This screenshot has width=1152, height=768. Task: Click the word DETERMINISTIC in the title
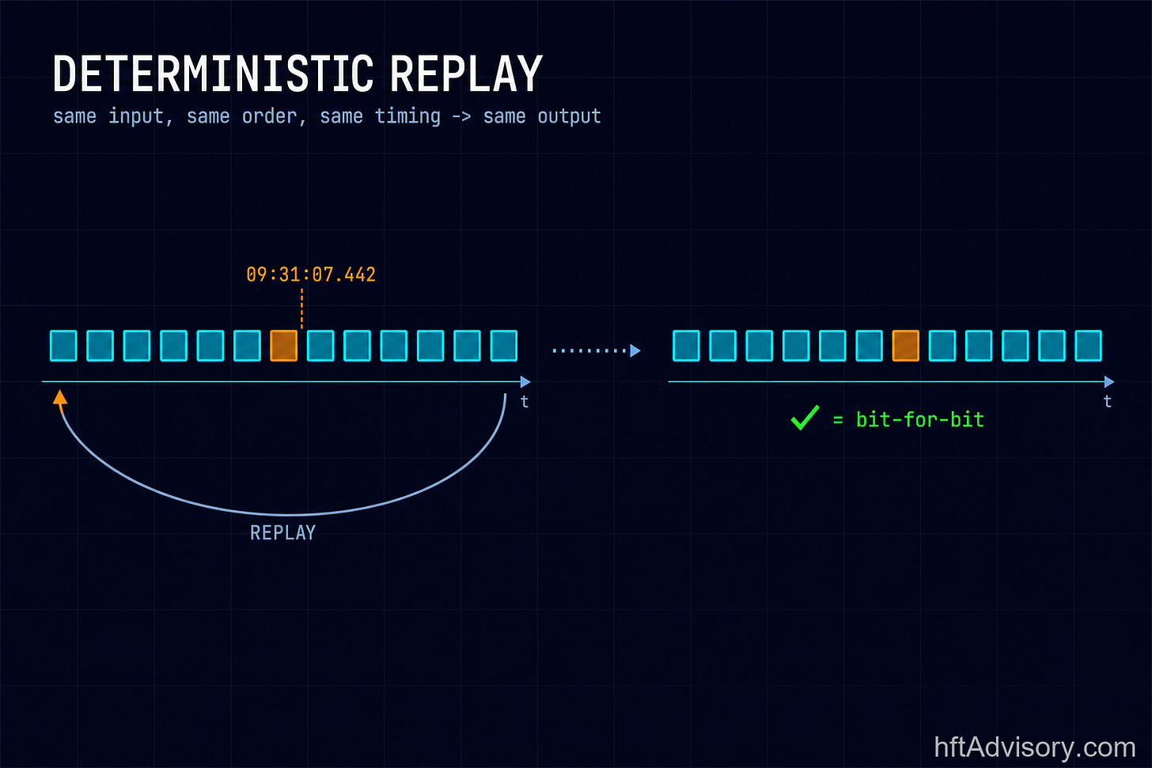(213, 74)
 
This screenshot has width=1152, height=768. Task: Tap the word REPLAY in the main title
(466, 74)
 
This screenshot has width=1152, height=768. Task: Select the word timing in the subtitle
(407, 117)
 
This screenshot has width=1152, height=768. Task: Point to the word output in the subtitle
(569, 117)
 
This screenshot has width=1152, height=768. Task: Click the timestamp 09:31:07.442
(311, 274)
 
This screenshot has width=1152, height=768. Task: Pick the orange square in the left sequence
(284, 346)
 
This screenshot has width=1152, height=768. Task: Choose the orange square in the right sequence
(906, 346)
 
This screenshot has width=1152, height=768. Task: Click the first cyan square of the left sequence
(64, 346)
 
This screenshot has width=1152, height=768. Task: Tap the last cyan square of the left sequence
(504, 346)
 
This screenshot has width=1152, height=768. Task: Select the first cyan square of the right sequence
(686, 346)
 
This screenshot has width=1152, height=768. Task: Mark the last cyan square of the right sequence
(1088, 346)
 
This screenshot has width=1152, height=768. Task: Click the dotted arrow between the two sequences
(597, 350)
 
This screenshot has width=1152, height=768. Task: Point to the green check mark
(805, 418)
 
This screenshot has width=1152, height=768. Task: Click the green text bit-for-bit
(920, 420)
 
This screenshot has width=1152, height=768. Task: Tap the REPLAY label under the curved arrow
(283, 533)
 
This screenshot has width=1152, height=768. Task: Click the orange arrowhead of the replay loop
(60, 397)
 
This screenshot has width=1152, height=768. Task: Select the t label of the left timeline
(524, 402)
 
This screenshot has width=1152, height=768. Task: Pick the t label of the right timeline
(1107, 402)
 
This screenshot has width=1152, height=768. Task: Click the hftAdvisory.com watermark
(1035, 747)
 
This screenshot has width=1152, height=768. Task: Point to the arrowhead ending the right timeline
(1109, 382)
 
